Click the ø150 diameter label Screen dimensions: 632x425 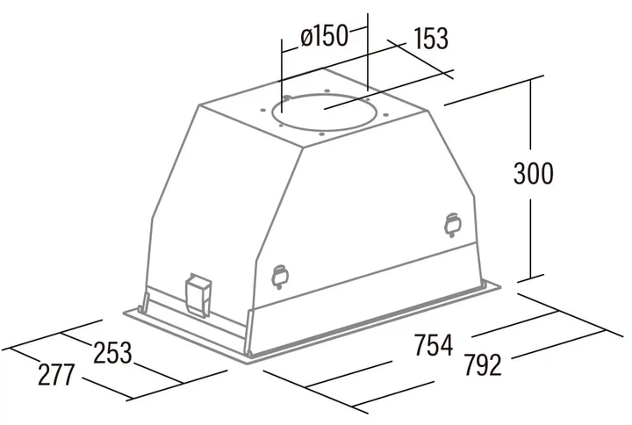324,36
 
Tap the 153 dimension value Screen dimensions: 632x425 431,39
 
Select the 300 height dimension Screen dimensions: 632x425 534,174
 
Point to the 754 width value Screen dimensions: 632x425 434,345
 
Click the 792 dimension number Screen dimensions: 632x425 483,364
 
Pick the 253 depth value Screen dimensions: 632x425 113,353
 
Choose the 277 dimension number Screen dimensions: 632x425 56,375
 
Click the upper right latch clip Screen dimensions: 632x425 453,225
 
